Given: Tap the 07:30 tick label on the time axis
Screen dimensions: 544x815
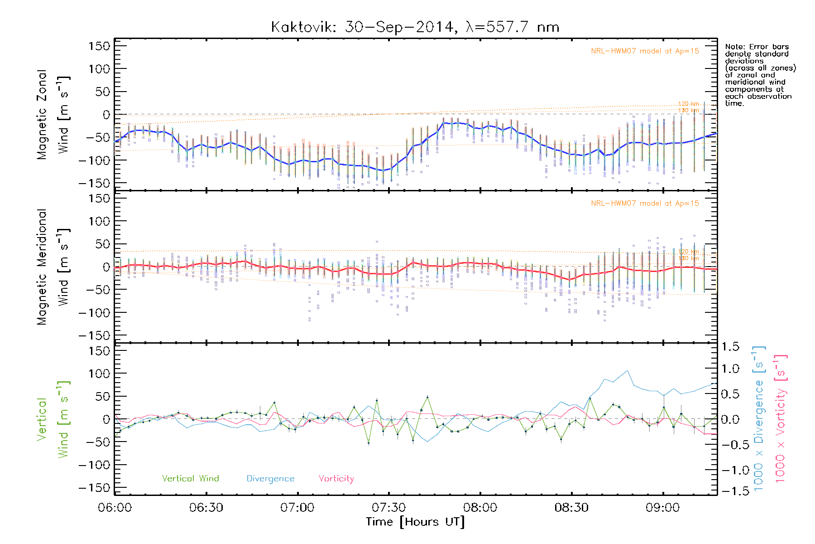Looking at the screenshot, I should click(x=388, y=507).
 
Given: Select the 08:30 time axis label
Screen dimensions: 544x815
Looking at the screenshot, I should click(x=571, y=507).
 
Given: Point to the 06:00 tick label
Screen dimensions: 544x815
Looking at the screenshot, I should click(x=115, y=507).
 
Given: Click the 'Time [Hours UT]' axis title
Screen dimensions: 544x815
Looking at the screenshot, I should click(x=415, y=522).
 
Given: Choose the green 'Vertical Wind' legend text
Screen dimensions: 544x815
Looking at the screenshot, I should click(x=190, y=478).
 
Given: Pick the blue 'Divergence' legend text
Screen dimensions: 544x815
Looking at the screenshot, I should click(x=270, y=478).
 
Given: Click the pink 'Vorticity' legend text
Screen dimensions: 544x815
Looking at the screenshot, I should click(x=336, y=478).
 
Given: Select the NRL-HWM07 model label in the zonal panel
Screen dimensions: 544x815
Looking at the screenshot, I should click(x=644, y=51).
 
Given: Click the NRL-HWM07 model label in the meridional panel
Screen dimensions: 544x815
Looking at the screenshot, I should click(x=644, y=204).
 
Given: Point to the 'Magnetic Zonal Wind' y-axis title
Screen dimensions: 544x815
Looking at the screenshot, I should click(x=53, y=114).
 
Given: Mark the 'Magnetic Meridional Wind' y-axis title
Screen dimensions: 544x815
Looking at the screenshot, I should click(x=53, y=267).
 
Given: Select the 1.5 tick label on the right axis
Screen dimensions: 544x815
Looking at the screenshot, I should click(x=730, y=347).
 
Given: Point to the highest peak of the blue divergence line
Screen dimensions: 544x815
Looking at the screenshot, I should click(x=627, y=371).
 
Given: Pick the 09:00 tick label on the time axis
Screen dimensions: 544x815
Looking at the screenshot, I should click(x=663, y=507).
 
